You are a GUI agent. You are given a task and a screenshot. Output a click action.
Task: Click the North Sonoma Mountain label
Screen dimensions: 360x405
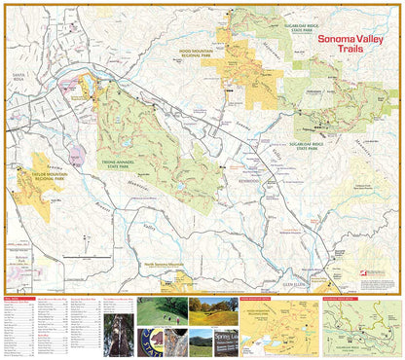tap(163, 264)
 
